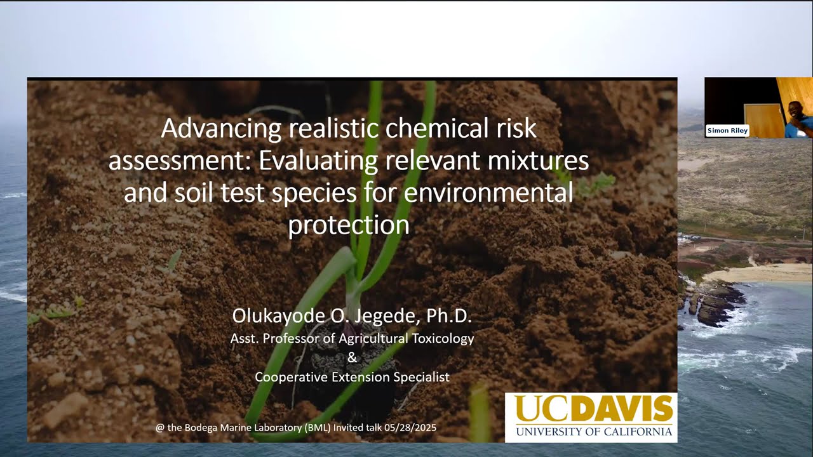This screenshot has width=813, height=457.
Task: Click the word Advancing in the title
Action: click(220, 129)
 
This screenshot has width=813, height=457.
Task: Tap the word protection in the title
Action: click(349, 225)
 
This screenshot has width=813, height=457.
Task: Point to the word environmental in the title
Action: click(488, 192)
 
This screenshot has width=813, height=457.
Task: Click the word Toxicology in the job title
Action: click(443, 338)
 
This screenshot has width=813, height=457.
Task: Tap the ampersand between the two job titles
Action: click(353, 358)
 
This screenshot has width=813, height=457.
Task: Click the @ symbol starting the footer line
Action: click(160, 428)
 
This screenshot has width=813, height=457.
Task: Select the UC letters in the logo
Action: click(541, 409)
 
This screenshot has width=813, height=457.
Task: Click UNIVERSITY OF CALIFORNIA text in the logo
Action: click(593, 432)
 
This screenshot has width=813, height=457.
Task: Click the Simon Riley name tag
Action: click(728, 131)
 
